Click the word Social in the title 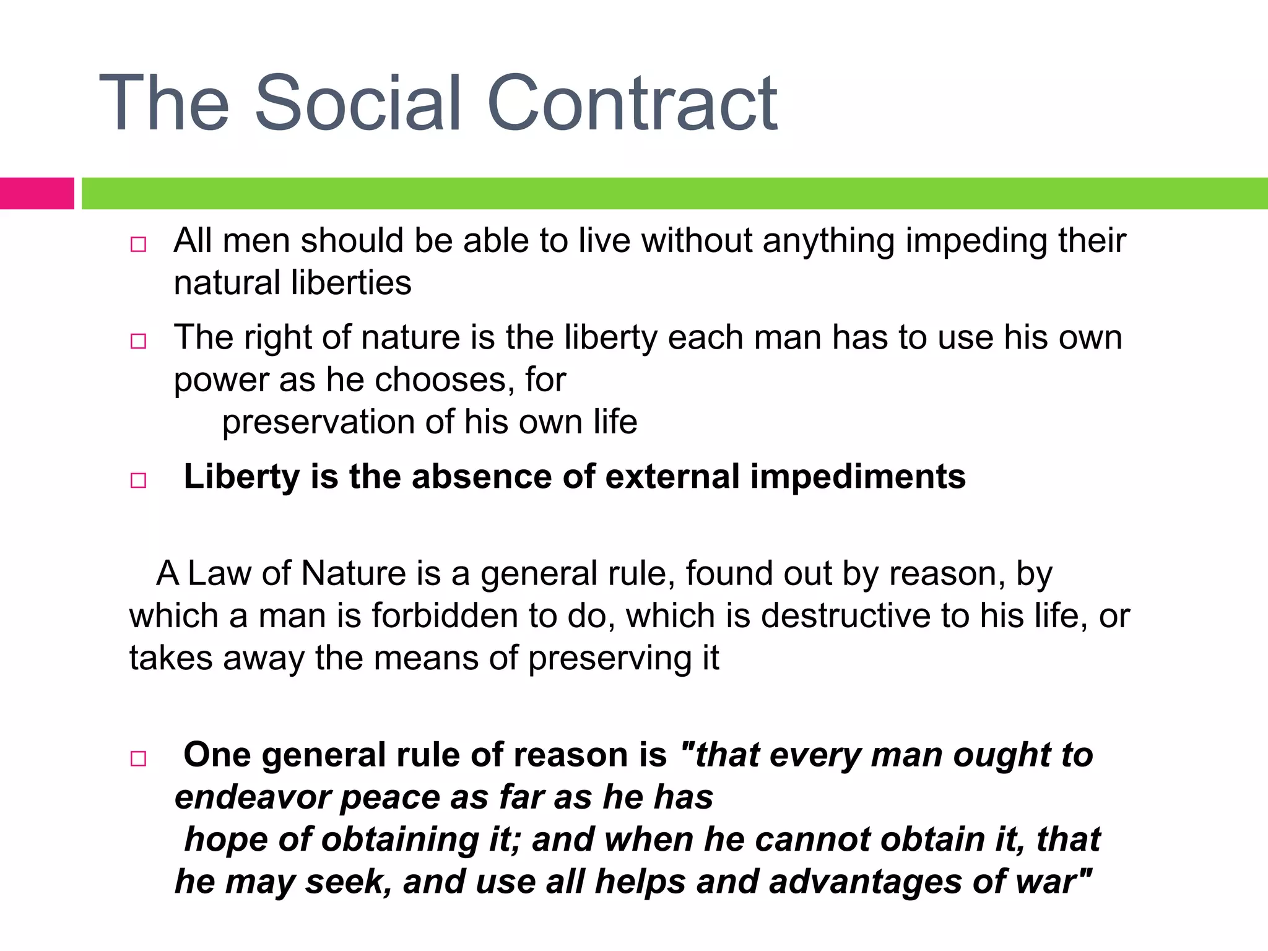point(358,103)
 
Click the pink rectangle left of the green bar point(37,193)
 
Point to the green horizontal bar point(675,193)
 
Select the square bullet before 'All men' point(138,244)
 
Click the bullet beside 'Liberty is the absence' point(138,480)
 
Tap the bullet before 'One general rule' point(138,758)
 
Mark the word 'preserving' point(609,659)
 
